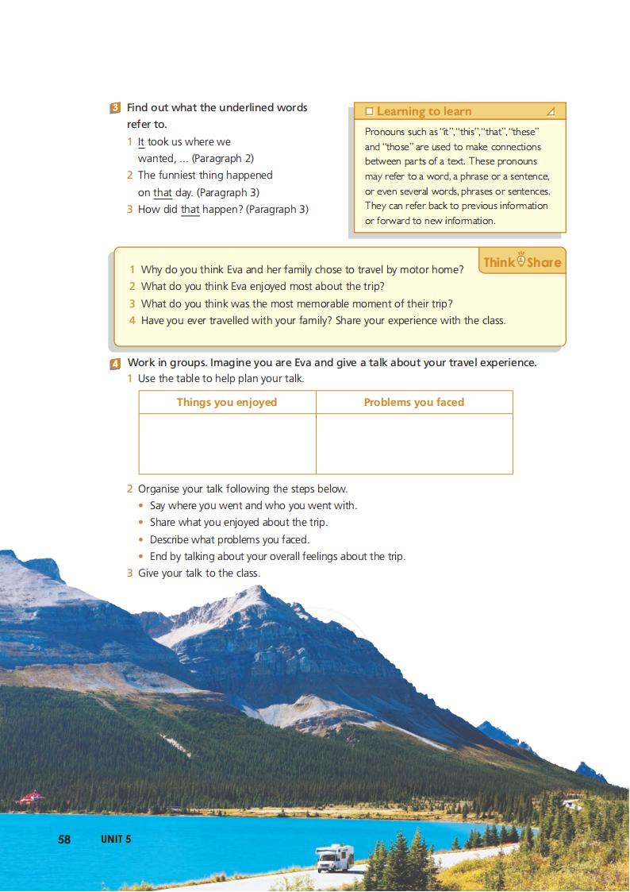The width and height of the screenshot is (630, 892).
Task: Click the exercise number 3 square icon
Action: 116,108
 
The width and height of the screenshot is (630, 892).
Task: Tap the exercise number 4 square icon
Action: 116,364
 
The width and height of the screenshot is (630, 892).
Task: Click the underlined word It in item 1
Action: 141,142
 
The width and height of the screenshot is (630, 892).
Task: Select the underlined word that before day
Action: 163,193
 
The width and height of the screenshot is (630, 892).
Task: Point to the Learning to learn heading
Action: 424,112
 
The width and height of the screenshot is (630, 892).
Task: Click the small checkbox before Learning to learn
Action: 369,112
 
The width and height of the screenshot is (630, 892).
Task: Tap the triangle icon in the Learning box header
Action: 551,112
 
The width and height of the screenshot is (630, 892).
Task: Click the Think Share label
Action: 522,262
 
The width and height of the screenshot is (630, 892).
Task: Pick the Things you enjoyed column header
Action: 227,403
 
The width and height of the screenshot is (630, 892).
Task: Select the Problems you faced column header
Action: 414,403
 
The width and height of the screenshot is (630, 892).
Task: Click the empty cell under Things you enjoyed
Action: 227,444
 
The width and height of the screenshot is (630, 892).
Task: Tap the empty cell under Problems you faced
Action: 414,444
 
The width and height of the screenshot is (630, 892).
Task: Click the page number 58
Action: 64,839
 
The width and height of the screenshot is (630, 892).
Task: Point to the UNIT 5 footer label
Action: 116,839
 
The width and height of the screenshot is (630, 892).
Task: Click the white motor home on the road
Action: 334,857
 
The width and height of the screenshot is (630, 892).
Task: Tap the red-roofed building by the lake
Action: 29,796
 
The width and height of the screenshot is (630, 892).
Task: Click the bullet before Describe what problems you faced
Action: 141,540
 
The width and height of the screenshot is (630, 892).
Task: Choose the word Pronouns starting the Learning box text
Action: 385,132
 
